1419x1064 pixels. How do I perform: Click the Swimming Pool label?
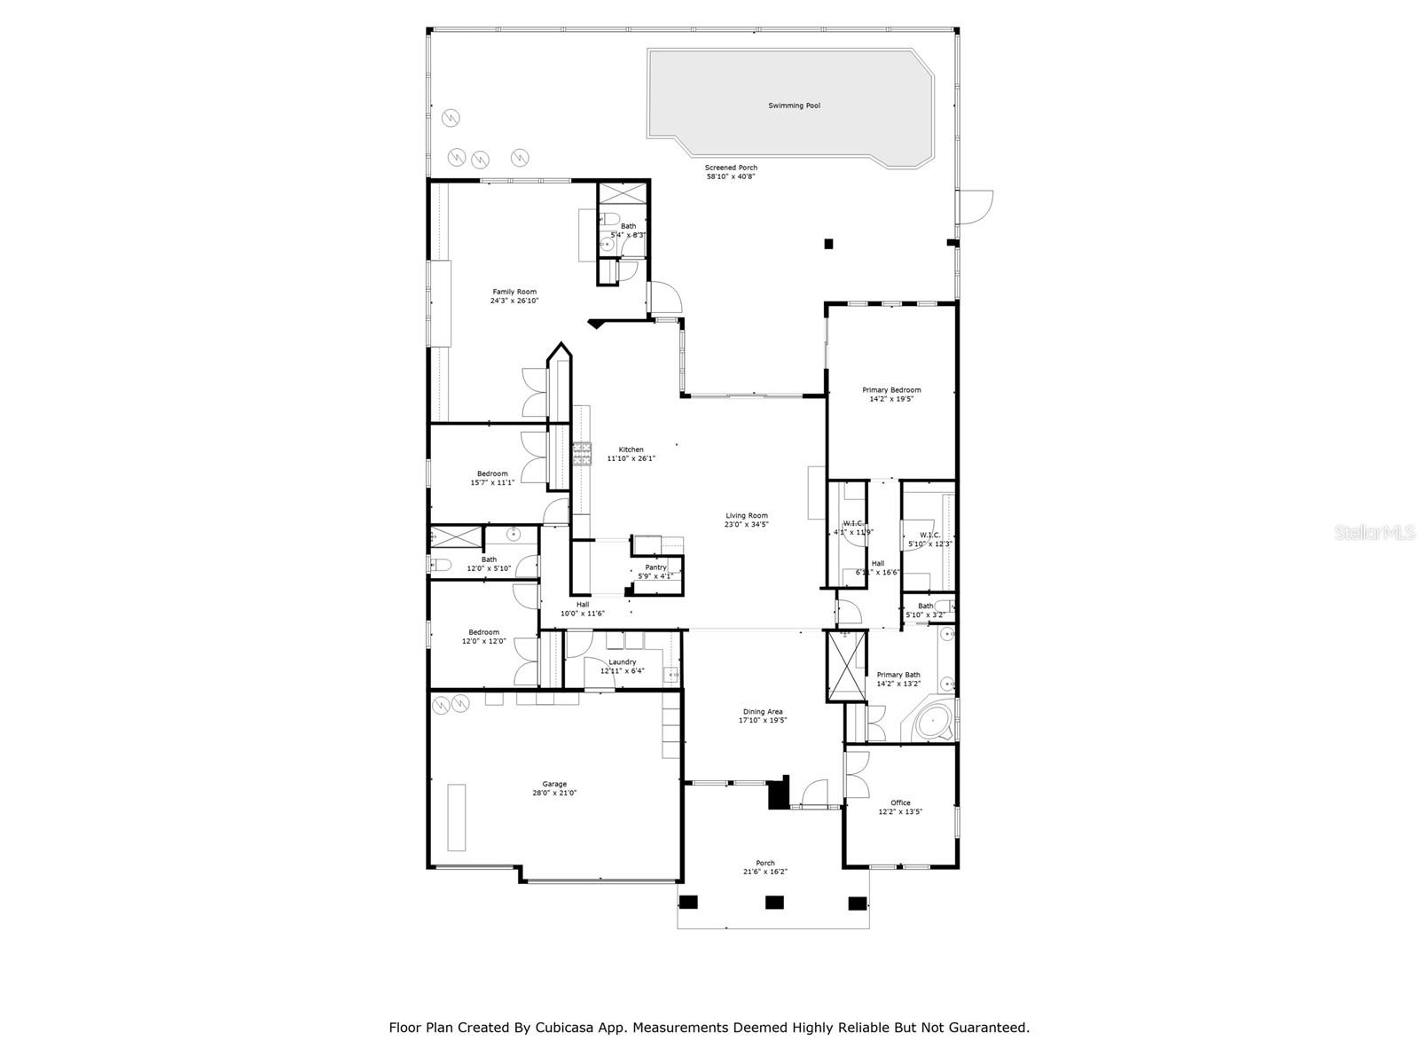click(x=794, y=106)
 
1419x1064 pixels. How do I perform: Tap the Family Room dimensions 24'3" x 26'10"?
click(x=514, y=301)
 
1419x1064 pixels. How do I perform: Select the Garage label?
click(x=554, y=784)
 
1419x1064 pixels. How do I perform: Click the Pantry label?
click(x=655, y=567)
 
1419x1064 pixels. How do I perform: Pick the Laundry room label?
click(x=623, y=661)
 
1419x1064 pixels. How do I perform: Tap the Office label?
click(x=900, y=802)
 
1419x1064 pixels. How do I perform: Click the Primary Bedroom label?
click(x=891, y=390)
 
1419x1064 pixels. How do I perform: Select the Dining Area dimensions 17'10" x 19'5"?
click(x=762, y=721)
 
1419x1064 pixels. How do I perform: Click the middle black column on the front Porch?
click(x=774, y=903)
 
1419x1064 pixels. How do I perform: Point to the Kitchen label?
click(x=631, y=450)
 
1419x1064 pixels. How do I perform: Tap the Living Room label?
click(x=746, y=515)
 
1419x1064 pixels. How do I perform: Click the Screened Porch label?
click(x=731, y=168)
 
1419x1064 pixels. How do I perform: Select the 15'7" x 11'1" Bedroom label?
click(x=492, y=473)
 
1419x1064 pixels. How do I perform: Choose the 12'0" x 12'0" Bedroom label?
click(x=483, y=632)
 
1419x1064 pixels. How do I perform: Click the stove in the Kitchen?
click(x=581, y=454)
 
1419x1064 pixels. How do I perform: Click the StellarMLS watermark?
click(x=1379, y=533)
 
